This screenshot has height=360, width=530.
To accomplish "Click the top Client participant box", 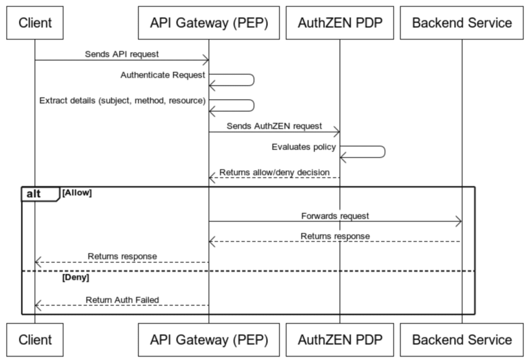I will [x=35, y=23].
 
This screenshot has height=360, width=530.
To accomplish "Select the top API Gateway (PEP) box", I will [x=208, y=23].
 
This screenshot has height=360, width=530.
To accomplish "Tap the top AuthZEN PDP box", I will [x=339, y=23].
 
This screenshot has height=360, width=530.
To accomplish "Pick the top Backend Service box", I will [x=461, y=23].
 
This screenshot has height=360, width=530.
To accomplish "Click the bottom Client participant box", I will [x=35, y=340].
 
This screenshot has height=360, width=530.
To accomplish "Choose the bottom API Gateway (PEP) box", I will [x=208, y=340].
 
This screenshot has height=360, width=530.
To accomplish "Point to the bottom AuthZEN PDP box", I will [x=339, y=340].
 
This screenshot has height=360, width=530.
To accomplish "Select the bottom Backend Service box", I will [x=461, y=340].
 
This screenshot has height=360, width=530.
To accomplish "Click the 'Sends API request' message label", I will [x=122, y=54].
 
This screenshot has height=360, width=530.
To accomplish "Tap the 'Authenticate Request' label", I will [x=163, y=74].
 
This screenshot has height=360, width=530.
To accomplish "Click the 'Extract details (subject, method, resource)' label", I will [x=122, y=100].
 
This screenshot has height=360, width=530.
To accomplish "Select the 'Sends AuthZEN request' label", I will [x=274, y=126].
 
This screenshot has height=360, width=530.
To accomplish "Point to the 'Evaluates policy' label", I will [x=304, y=146].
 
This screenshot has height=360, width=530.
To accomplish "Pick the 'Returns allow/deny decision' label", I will [x=274, y=172].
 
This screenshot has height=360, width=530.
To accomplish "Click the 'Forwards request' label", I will [x=335, y=215].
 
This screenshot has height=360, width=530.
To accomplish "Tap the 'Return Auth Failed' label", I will [x=122, y=299].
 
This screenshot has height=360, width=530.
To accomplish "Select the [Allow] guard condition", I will [x=77, y=193].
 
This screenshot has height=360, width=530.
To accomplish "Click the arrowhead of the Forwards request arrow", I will [x=459, y=222].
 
